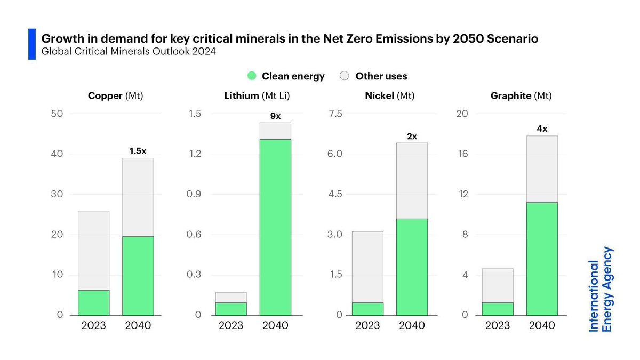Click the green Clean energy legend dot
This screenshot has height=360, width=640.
pyautogui.click(x=253, y=76)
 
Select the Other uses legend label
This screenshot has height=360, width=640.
pyautogui.click(x=381, y=76)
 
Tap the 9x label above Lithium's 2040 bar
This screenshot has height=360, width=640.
pyautogui.click(x=275, y=116)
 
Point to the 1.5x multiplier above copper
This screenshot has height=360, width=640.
pyautogui.click(x=138, y=151)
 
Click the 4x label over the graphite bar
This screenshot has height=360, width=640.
pyautogui.click(x=542, y=129)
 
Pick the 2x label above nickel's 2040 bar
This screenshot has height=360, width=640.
pyautogui.click(x=412, y=136)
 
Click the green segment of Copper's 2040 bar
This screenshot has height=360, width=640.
pyautogui.click(x=138, y=275)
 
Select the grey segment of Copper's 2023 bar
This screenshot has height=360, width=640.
pyautogui.click(x=93, y=251)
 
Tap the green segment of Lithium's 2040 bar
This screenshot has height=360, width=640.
pyautogui.click(x=275, y=227)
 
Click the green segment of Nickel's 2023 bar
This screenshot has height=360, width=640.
pyautogui.click(x=367, y=309)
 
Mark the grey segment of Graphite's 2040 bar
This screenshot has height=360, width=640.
pyautogui.click(x=542, y=169)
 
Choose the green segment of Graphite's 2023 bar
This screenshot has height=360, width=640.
pyautogui.click(x=498, y=309)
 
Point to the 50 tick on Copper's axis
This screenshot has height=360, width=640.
pyautogui.click(x=57, y=114)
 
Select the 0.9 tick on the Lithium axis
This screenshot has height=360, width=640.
pyautogui.click(x=195, y=194)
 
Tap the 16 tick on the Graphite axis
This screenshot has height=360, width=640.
pyautogui.click(x=462, y=154)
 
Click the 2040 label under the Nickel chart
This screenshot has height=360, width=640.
pyautogui.click(x=412, y=326)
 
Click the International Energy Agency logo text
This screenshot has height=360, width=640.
pyautogui.click(x=601, y=289)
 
